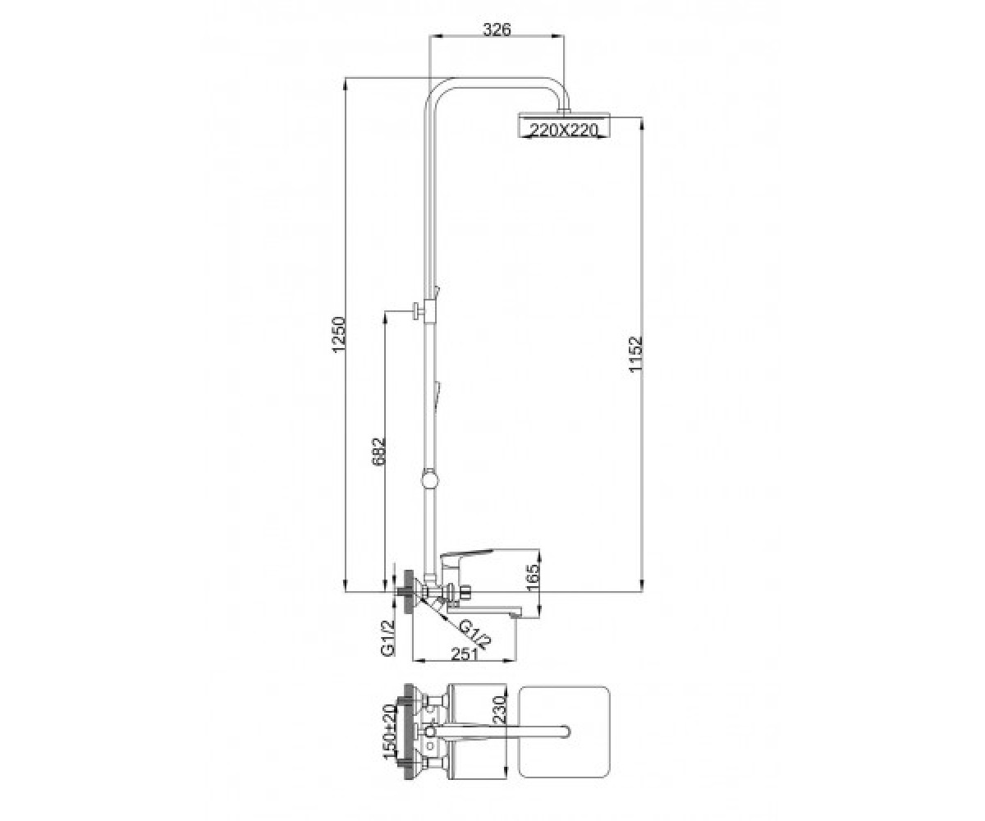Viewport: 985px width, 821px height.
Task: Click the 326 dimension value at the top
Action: (497, 30)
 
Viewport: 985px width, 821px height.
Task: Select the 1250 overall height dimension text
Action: (340, 336)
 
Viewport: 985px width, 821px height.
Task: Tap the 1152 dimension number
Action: (635, 354)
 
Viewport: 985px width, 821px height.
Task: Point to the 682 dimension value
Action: (378, 452)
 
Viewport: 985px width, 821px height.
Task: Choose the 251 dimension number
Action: (465, 655)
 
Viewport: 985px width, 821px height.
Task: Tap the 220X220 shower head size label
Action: (564, 129)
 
